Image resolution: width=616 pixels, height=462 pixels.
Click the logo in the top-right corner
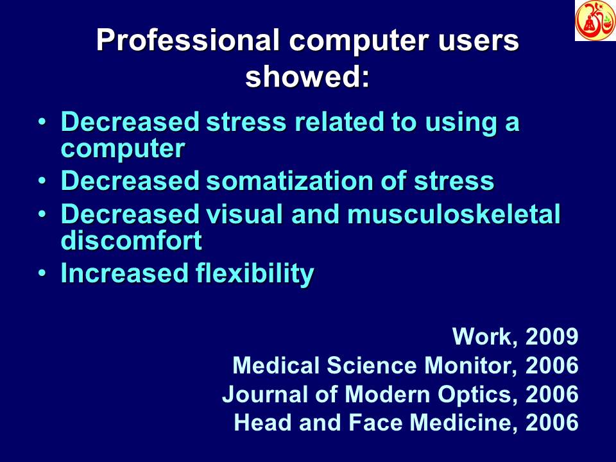click(595, 21)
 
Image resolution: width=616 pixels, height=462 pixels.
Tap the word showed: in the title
click(308, 77)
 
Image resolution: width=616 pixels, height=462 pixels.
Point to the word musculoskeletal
click(454, 214)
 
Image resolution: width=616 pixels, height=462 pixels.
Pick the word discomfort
click(131, 241)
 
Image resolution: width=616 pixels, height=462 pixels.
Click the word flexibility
click(253, 274)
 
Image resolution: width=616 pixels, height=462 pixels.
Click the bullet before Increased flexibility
click(42, 274)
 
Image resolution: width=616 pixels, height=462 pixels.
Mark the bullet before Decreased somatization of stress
click(42, 181)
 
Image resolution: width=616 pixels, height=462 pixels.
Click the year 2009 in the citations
click(552, 336)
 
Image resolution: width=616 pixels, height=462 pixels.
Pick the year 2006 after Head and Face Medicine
click(552, 423)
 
